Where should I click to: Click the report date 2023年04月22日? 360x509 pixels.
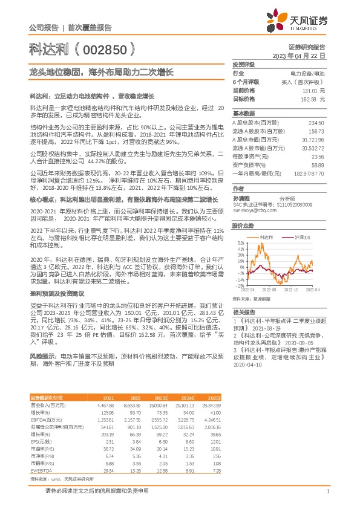299,55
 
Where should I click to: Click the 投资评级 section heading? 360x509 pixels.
244,64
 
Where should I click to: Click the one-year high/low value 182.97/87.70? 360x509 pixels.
309,173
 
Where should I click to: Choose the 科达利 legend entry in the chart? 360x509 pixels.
267,238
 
